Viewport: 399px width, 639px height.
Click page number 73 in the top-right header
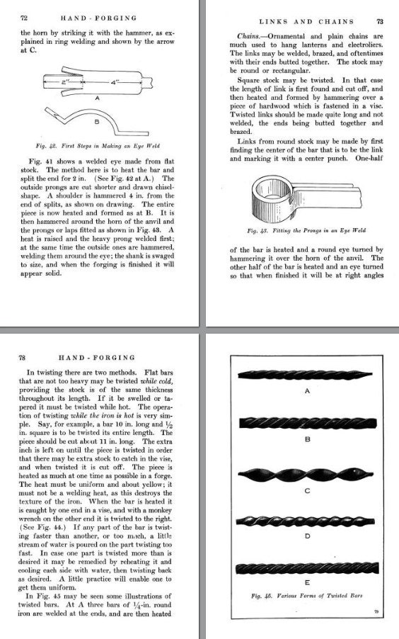(x=380, y=22)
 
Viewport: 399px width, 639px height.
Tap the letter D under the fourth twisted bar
(x=307, y=537)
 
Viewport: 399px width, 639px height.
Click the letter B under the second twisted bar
(x=307, y=439)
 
